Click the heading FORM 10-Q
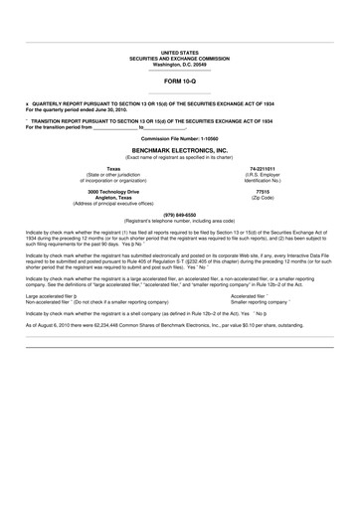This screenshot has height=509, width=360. pos(179,87)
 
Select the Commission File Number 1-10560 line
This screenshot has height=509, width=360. pos(179,135)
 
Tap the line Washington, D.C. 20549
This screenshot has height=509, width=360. pos(179,65)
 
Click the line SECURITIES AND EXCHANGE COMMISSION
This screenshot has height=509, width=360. pos(179,59)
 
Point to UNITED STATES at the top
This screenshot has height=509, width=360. pos(179,53)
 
